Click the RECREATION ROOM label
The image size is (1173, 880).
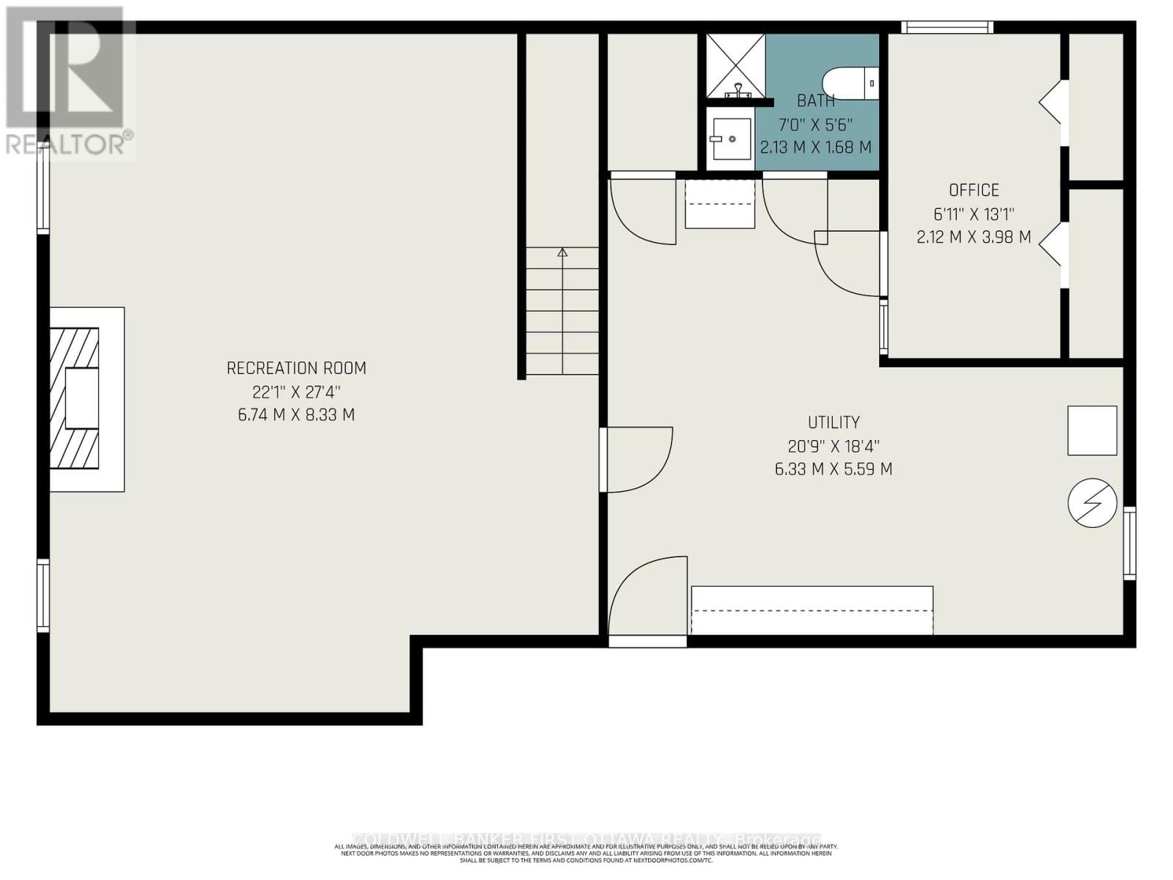click(x=296, y=368)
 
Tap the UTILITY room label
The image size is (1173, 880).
click(x=834, y=422)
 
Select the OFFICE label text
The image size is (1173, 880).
click(x=974, y=191)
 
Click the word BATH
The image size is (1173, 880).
click(x=815, y=101)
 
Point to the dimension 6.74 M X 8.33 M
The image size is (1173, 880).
click(x=296, y=415)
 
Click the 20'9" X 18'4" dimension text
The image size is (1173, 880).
click(x=834, y=446)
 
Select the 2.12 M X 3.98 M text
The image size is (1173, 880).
click(x=974, y=238)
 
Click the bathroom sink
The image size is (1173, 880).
click(x=731, y=139)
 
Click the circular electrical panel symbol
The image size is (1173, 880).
click(x=1092, y=503)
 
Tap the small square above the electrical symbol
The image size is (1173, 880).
click(x=1092, y=430)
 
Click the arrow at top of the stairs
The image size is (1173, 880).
click(x=562, y=253)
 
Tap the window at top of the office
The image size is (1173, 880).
click(x=946, y=28)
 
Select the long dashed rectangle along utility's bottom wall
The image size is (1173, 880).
click(x=812, y=610)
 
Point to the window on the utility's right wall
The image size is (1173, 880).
click(x=1129, y=543)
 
